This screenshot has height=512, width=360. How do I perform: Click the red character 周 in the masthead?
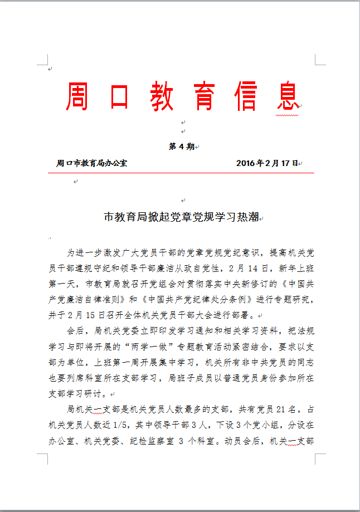[x=79, y=96]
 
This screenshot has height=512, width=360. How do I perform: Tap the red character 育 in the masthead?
[x=204, y=96]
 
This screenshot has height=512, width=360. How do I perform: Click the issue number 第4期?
[x=181, y=147]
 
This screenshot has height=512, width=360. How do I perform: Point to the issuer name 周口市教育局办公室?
[x=92, y=163]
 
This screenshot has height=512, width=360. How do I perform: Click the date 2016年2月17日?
[x=267, y=163]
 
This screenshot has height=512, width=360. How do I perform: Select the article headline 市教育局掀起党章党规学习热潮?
[x=181, y=217]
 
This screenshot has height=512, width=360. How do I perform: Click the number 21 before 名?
[x=280, y=409]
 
